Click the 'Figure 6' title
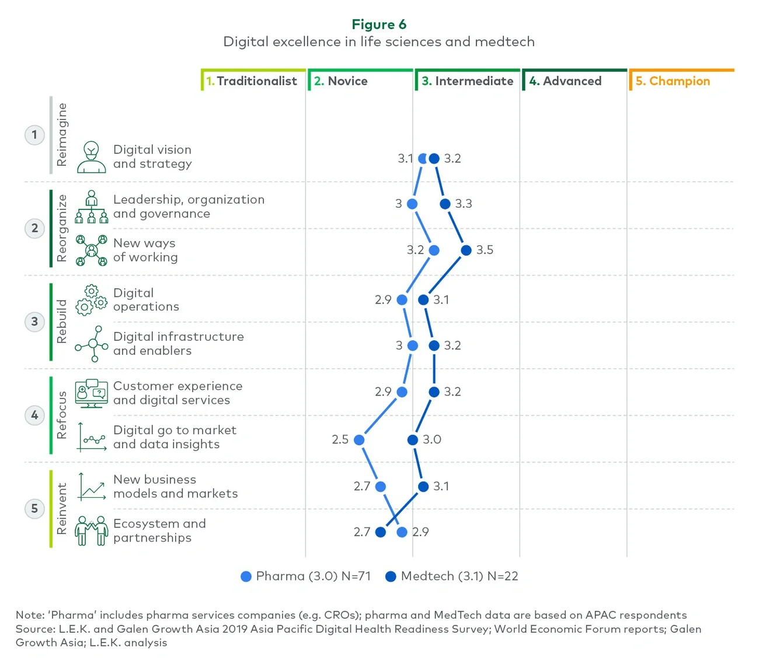click(379, 25)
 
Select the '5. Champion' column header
click(673, 81)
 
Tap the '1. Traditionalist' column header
click(252, 81)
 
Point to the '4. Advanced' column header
click(565, 81)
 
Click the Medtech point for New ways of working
click(466, 250)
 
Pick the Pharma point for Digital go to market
click(359, 440)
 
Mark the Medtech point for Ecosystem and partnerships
click(381, 532)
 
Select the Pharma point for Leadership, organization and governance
click(412, 204)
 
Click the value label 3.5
click(485, 250)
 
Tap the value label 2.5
click(340, 439)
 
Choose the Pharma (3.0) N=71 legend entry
click(306, 577)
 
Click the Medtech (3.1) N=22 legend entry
click(452, 577)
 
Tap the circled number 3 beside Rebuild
click(34, 322)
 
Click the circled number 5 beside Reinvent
click(34, 508)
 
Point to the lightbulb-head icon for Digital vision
click(92, 157)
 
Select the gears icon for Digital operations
click(92, 300)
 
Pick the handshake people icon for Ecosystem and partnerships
click(92, 530)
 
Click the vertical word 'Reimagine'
click(62, 135)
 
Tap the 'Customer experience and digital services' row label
click(177, 393)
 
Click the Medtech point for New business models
click(423, 487)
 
